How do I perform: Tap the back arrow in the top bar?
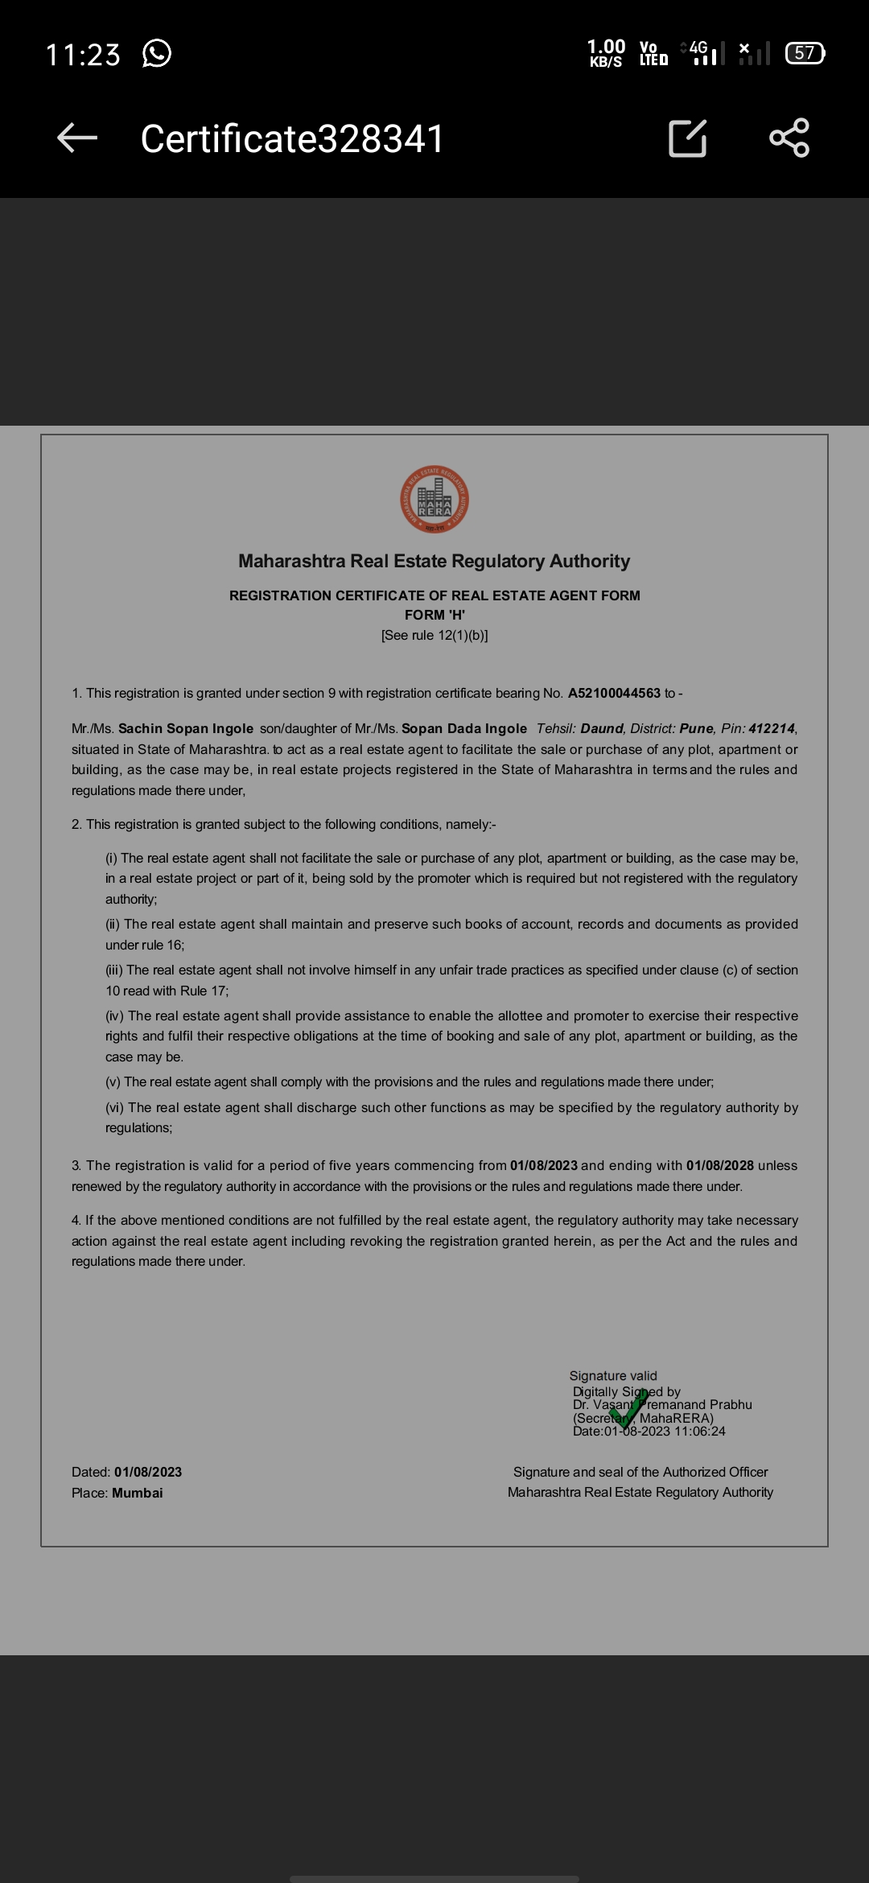[77, 138]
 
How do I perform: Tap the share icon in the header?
[789, 138]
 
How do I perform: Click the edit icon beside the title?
[688, 138]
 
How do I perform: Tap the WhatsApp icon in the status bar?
[157, 54]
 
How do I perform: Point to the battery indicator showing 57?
[805, 53]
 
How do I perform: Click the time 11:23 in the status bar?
[83, 55]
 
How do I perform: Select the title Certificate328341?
[292, 138]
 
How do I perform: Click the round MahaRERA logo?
[434, 500]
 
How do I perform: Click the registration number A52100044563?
[614, 693]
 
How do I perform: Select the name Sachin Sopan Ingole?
[186, 728]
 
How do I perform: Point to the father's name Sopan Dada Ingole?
[464, 728]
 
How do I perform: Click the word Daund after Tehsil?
[602, 728]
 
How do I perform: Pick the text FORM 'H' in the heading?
[434, 615]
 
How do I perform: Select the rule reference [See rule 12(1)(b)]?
[434, 635]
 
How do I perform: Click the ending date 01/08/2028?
[719, 1165]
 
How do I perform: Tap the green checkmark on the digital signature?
[628, 1410]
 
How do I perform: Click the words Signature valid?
[613, 1376]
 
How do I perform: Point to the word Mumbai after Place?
[138, 1493]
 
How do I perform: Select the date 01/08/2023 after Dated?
[148, 1472]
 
